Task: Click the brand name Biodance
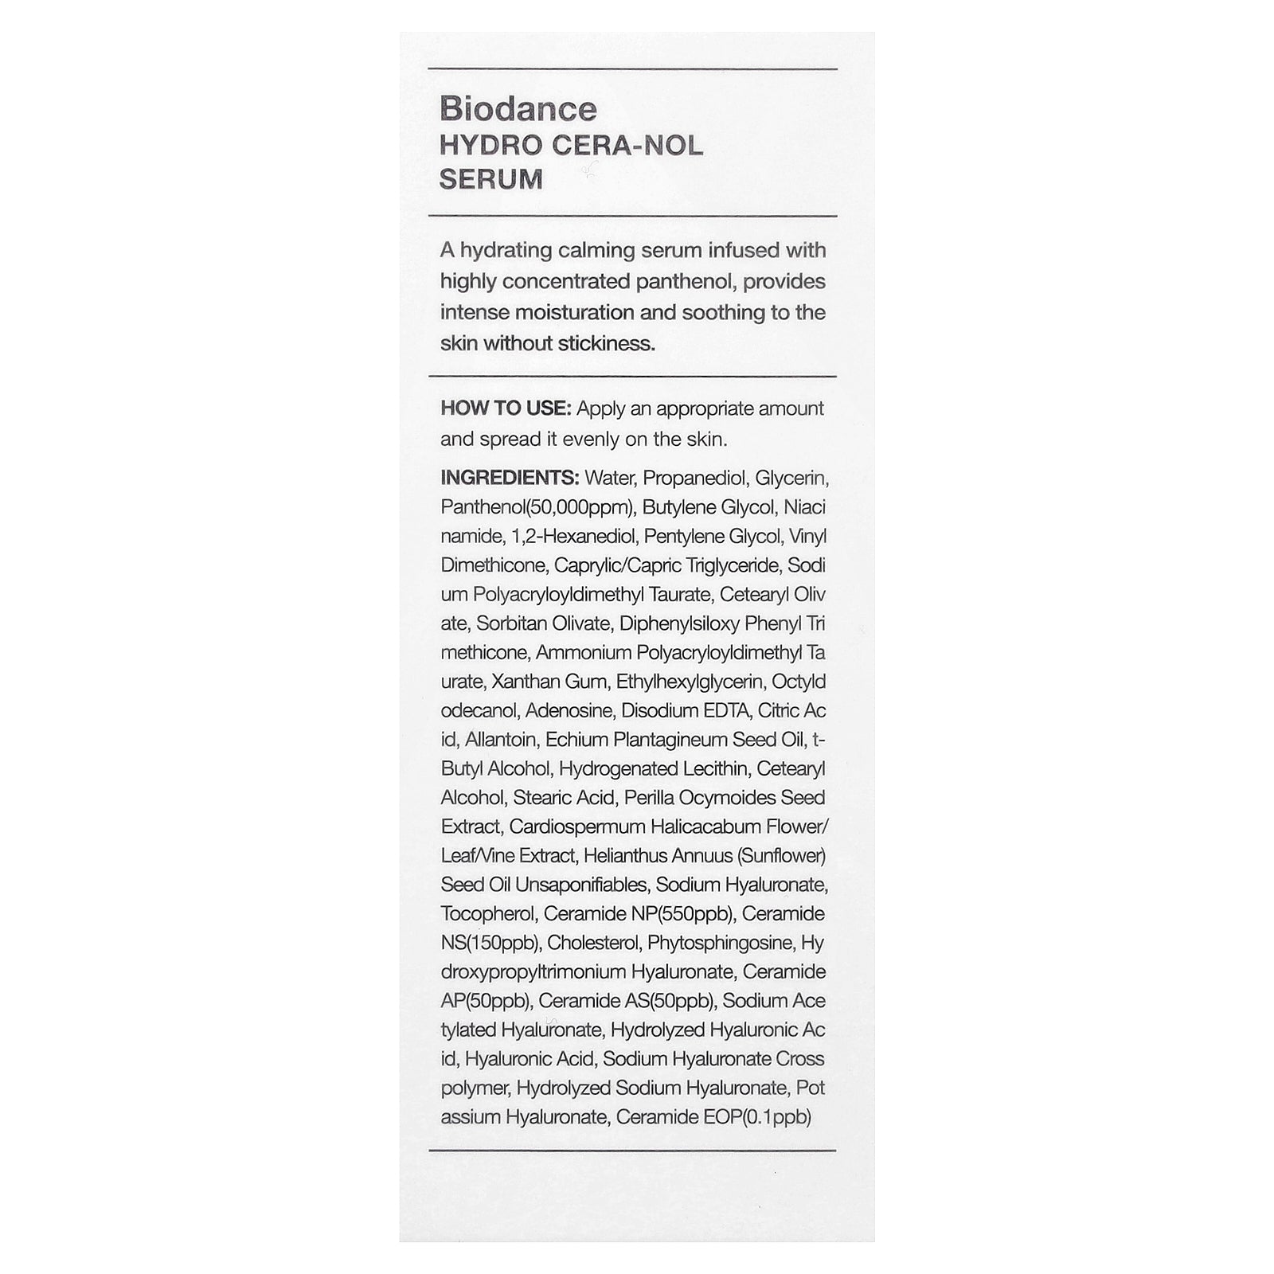pyautogui.click(x=518, y=109)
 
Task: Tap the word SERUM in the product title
pyautogui.click(x=490, y=180)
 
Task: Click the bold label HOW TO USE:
pyautogui.click(x=506, y=408)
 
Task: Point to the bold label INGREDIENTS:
pyautogui.click(x=510, y=478)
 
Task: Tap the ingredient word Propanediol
pyautogui.click(x=694, y=478)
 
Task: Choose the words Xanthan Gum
pyautogui.click(x=549, y=682)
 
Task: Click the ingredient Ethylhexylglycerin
pyautogui.click(x=690, y=682)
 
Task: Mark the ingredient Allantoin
pyautogui.click(x=500, y=740)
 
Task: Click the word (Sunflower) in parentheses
pyautogui.click(x=781, y=856)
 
